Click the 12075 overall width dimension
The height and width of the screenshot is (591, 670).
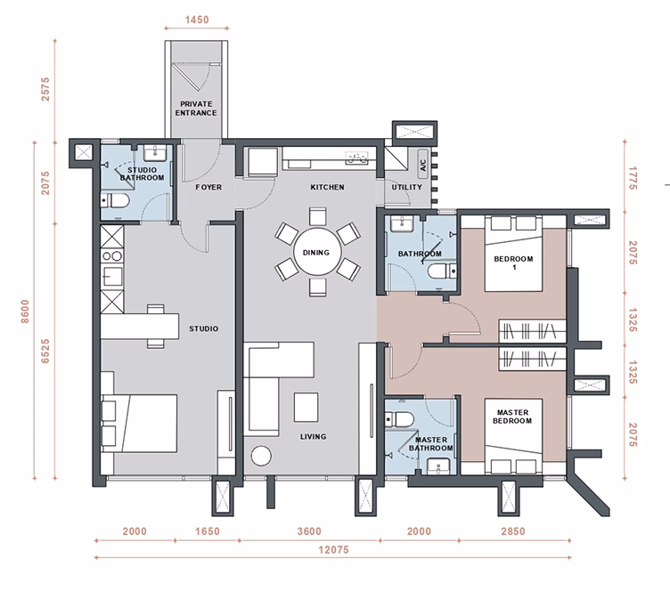point(333,549)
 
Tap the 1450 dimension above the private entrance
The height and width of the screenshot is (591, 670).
point(197,20)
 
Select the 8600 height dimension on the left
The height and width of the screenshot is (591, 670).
point(25,312)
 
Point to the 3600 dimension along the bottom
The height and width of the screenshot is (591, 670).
point(309,531)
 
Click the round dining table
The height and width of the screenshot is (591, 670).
point(317,253)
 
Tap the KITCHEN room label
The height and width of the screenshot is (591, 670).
point(327,187)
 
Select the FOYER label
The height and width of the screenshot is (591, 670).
point(208,187)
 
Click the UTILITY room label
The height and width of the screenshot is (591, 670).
point(407,187)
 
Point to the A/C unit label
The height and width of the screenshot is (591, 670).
point(423,166)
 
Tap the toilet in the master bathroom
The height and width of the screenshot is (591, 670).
point(398,419)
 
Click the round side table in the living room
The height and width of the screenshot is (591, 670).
point(261,456)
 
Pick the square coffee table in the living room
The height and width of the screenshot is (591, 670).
point(306,407)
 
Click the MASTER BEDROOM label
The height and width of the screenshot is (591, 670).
point(512,417)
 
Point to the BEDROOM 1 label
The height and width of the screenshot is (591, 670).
point(513,263)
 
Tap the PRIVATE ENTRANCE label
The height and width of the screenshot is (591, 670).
point(196,109)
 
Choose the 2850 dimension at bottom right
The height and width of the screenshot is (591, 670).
point(513,531)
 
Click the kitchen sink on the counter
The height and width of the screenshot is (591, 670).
point(356,158)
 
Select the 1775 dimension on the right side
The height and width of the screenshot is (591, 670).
point(633,178)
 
